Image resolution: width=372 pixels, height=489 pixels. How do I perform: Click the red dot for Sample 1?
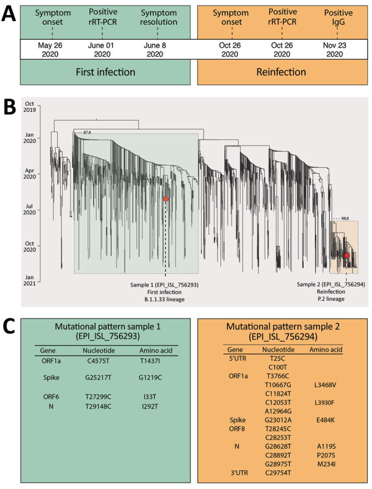[x=166, y=199]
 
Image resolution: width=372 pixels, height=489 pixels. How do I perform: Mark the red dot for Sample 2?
[x=347, y=255]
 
